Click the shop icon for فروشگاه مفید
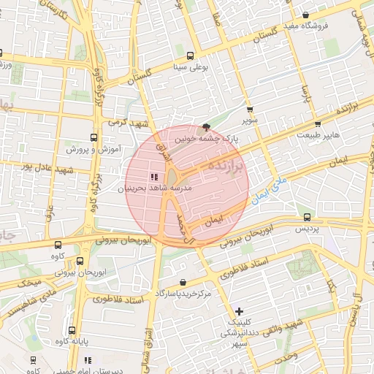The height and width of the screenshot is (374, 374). click(305, 15)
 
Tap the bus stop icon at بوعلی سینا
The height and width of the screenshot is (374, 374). click(191, 56)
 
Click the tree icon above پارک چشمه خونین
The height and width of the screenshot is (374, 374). click(206, 126)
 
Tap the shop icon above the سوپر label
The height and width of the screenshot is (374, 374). click(250, 110)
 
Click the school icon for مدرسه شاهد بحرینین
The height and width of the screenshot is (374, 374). click(153, 177)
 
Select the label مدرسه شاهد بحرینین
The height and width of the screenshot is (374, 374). click(155, 188)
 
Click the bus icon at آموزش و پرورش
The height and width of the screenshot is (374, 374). click(93, 137)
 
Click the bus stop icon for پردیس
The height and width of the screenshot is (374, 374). click(307, 217)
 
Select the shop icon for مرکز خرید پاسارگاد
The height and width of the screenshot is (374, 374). click(182, 282)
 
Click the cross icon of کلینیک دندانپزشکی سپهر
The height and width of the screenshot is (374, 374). click(239, 311)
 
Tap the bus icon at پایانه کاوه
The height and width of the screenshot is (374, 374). click(71, 329)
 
